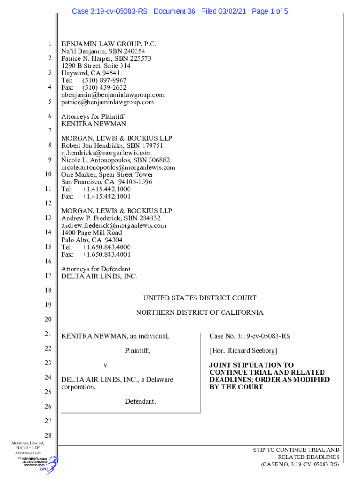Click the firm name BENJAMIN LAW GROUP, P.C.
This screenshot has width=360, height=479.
pyautogui.click(x=108, y=44)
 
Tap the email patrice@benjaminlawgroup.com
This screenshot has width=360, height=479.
pyautogui.click(x=108, y=102)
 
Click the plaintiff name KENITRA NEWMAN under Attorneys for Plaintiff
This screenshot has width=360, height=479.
pyautogui.click(x=94, y=124)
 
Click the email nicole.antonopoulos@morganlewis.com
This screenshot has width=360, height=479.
pyautogui.click(x=118, y=167)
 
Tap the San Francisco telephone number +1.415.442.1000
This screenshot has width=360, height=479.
pyautogui.click(x=106, y=189)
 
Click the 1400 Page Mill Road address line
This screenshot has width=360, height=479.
pyautogui.click(x=92, y=232)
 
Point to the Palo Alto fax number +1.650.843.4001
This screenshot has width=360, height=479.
pyautogui.click(x=106, y=254)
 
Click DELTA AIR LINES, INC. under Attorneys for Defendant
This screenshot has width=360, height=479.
pyautogui.click(x=100, y=276)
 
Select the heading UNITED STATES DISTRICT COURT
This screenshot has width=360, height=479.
pyautogui.click(x=200, y=298)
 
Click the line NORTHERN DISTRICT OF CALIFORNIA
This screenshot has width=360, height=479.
pyautogui.click(x=200, y=312)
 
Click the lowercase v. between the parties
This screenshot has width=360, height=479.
pyautogui.click(x=106, y=365)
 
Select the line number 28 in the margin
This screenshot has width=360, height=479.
pyautogui.click(x=48, y=435)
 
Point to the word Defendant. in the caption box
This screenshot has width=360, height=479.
pyautogui.click(x=140, y=401)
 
